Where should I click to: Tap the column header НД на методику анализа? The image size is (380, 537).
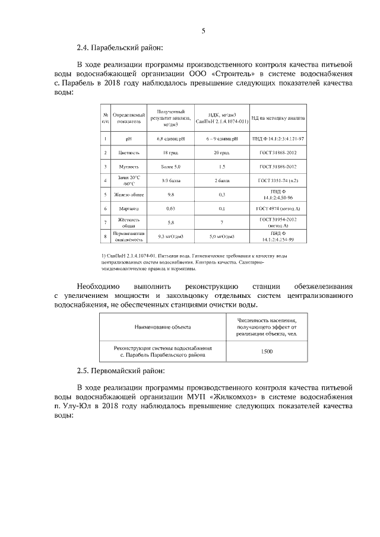click(278, 118)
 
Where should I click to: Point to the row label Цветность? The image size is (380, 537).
click(129, 152)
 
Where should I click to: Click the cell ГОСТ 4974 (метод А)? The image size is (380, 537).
click(278, 209)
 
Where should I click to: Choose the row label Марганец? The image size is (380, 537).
click(129, 209)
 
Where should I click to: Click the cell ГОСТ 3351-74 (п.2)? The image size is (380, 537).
click(278, 180)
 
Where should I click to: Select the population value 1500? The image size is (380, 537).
click(267, 351)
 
